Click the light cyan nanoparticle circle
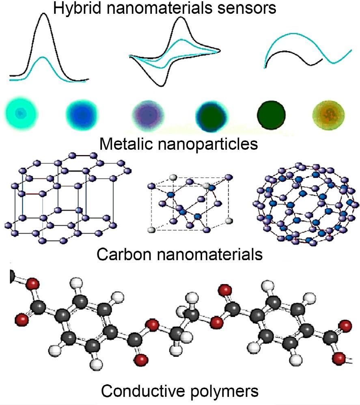21,114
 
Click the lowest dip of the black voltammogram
162,86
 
